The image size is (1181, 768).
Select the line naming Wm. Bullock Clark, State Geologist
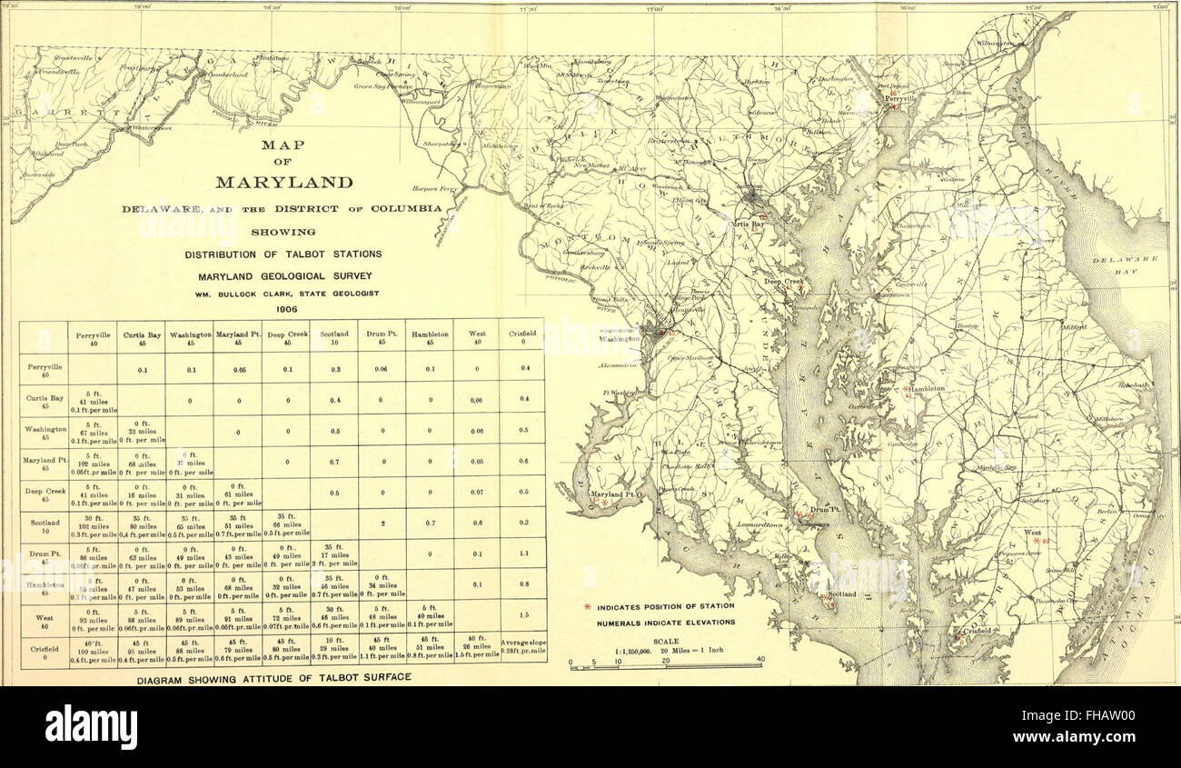click(x=283, y=292)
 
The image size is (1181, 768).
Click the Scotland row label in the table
click(x=44, y=527)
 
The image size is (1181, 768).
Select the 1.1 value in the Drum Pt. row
click(x=521, y=554)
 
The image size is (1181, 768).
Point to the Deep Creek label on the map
click(x=783, y=282)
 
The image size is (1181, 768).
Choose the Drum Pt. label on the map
click(x=821, y=510)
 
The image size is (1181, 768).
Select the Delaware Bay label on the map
click(x=1126, y=264)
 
